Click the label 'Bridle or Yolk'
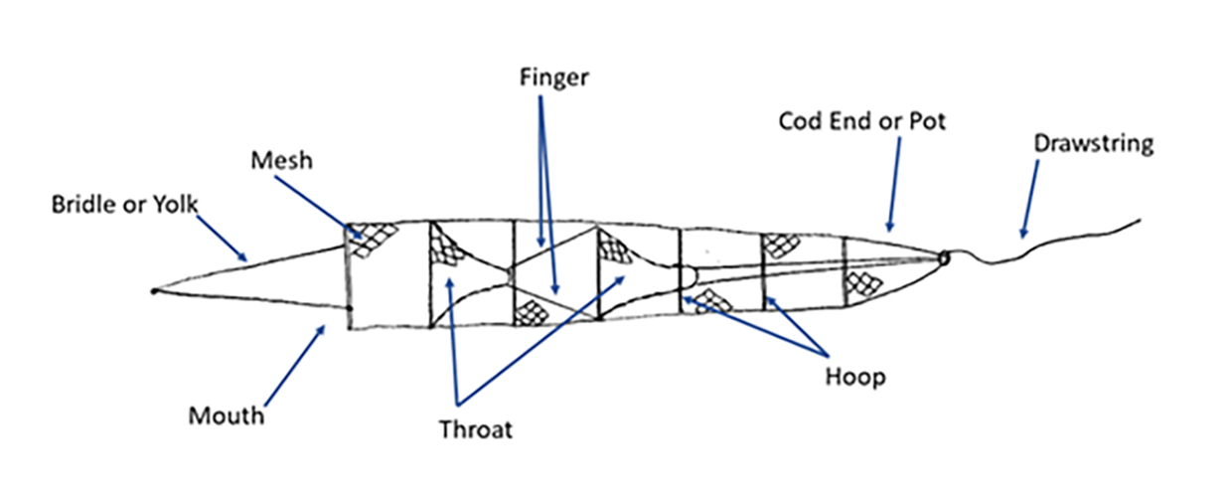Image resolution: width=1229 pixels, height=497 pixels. [125, 206]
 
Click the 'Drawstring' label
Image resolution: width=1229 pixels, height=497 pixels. [1094, 143]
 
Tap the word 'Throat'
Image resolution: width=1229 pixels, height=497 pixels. [476, 429]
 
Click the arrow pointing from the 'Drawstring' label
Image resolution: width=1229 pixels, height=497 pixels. [1028, 199]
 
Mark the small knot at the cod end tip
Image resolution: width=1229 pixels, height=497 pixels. [943, 258]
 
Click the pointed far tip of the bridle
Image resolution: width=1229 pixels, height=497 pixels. [153, 291]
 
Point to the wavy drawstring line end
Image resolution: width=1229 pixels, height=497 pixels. [1139, 221]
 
